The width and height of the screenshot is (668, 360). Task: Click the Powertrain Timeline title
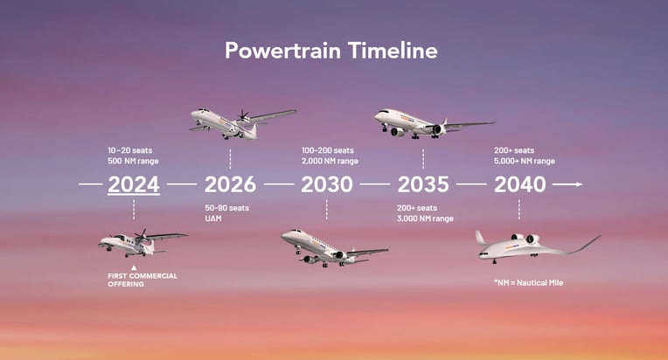(331, 50)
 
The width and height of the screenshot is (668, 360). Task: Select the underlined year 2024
(134, 184)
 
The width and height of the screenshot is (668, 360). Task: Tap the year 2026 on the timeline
(230, 184)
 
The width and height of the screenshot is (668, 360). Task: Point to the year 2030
(327, 184)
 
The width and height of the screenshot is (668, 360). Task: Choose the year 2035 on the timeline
(423, 184)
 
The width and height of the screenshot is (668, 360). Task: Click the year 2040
(519, 184)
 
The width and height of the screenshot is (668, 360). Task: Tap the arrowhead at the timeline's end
(579, 184)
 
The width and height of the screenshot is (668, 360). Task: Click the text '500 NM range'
(134, 161)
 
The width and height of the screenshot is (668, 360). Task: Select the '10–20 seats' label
(130, 150)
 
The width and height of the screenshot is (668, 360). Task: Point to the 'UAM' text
(213, 218)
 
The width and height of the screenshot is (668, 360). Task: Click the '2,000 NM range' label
(330, 161)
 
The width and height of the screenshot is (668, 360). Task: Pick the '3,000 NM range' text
(425, 218)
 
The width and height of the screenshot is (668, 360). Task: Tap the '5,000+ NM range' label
(525, 161)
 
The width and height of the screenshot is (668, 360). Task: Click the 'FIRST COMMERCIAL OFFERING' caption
(143, 280)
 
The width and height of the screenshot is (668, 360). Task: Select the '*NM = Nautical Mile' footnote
(529, 282)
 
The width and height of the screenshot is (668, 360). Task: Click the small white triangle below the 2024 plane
(134, 267)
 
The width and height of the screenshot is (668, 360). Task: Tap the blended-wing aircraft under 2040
(538, 247)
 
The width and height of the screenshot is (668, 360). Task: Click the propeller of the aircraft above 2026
(243, 114)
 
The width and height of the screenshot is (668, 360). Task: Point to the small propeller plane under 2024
(143, 243)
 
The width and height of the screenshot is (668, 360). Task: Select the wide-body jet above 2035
(435, 123)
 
